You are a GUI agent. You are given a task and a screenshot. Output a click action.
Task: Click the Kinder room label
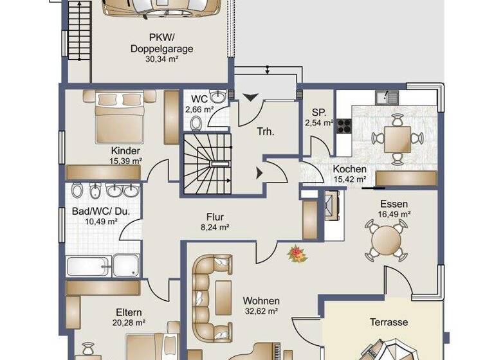click(x=125, y=150)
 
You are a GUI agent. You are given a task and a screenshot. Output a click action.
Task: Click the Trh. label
click(x=265, y=131)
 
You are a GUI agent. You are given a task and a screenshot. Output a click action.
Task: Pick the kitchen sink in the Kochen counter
click(x=390, y=98)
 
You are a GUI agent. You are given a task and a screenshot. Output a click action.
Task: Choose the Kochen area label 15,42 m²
click(x=349, y=180)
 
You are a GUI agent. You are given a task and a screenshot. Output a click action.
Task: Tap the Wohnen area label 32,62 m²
click(x=261, y=311)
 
